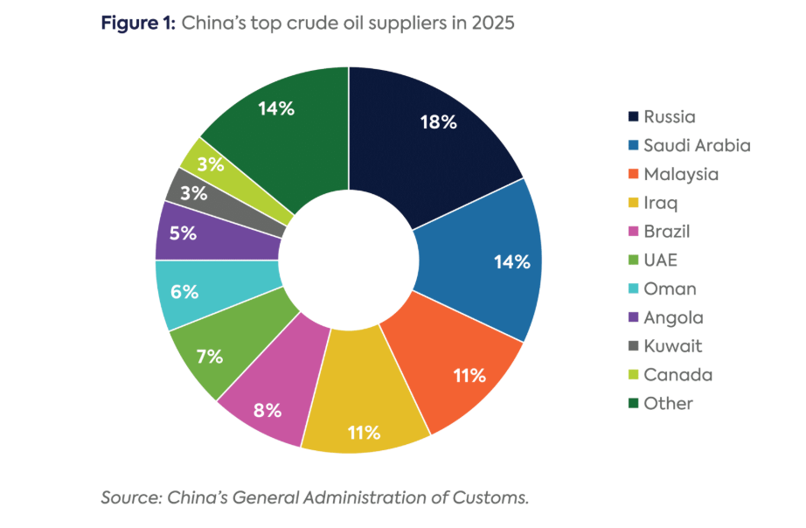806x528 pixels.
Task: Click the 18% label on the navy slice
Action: click(x=437, y=122)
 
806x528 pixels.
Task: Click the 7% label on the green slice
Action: click(x=209, y=357)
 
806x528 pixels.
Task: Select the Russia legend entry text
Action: click(x=670, y=116)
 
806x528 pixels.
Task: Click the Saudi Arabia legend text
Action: click(x=697, y=145)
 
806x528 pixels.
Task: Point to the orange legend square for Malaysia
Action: click(x=631, y=174)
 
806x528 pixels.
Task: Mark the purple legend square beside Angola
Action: click(x=631, y=317)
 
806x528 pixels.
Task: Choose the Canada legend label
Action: click(x=677, y=375)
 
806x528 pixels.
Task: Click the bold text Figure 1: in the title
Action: click(x=139, y=24)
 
